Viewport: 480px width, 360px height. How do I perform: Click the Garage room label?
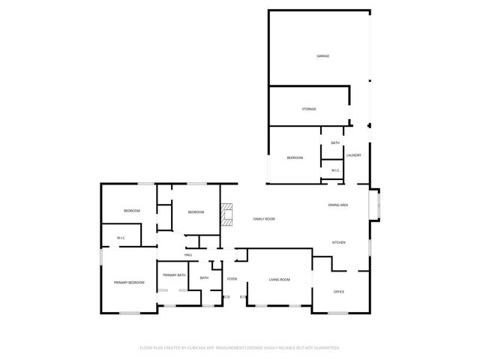click(322, 56)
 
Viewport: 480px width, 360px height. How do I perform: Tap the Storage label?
click(309, 109)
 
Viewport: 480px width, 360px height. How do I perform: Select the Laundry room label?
click(354, 156)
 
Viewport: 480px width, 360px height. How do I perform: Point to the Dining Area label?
click(338, 205)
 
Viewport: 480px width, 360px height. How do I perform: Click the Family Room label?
click(264, 219)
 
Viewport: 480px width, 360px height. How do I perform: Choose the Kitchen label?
click(339, 242)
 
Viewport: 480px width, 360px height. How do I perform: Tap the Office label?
click(339, 291)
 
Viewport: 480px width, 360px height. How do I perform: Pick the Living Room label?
click(280, 280)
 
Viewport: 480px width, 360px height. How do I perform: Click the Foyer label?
click(232, 279)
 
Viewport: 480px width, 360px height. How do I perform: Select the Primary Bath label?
click(174, 275)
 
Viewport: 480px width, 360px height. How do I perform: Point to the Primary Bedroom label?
click(129, 283)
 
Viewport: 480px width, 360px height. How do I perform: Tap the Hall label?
click(188, 255)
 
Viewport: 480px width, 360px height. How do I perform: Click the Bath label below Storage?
click(335, 142)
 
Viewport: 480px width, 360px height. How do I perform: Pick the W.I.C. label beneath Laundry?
click(335, 170)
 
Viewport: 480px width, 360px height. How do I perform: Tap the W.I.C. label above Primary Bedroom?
click(121, 238)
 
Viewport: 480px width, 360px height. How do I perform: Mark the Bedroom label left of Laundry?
click(295, 157)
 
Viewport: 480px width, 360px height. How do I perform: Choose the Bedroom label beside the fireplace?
click(196, 212)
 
